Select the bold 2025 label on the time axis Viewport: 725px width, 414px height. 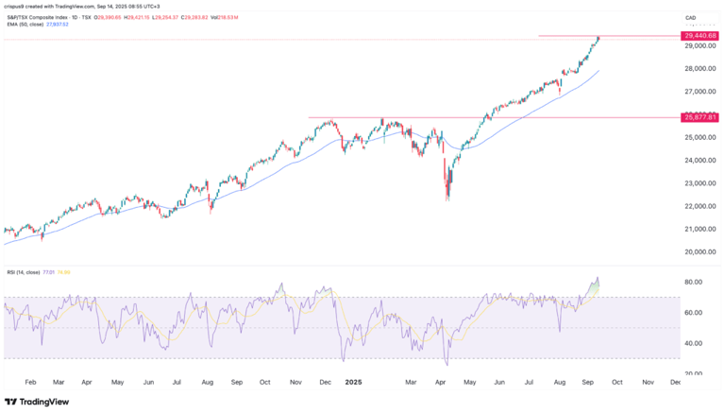point(354,384)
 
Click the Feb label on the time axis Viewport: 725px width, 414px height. point(29,384)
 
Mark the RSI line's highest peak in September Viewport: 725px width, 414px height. point(597,278)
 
